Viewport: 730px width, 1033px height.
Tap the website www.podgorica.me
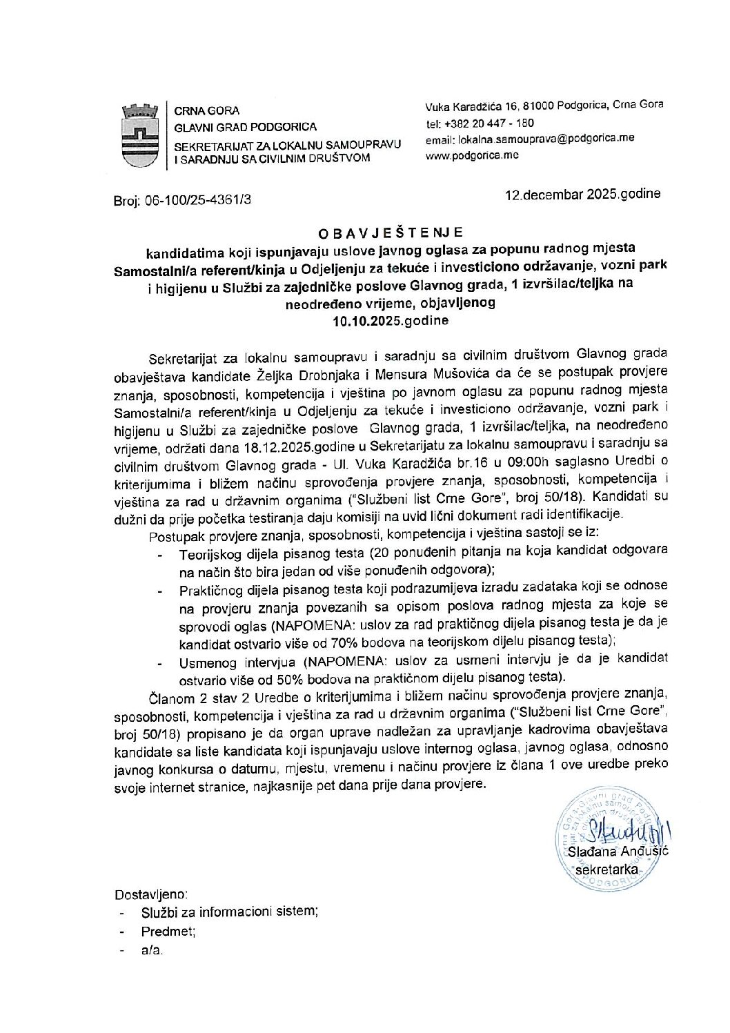472,155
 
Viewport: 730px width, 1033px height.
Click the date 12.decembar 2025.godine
582,194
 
